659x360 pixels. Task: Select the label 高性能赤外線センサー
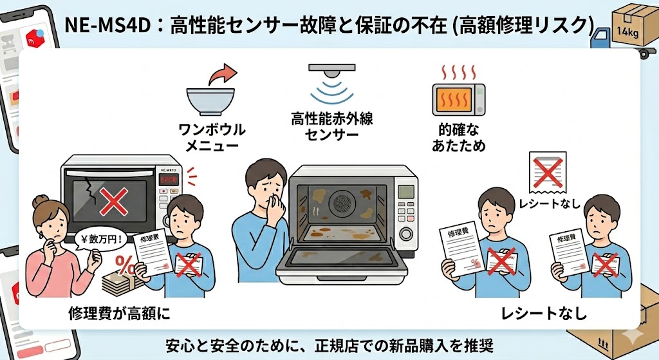click(332, 127)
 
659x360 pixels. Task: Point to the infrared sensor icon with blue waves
click(332, 83)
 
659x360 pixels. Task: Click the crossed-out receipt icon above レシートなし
click(546, 173)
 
